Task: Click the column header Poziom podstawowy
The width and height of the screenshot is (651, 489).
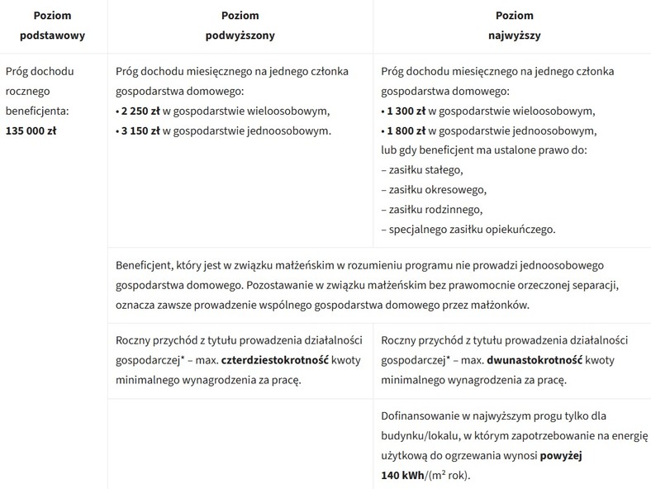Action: (53, 26)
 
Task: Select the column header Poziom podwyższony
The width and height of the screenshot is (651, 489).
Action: (240, 26)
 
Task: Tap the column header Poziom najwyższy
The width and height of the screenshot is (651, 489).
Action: (514, 26)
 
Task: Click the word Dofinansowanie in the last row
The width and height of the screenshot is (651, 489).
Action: (422, 415)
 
